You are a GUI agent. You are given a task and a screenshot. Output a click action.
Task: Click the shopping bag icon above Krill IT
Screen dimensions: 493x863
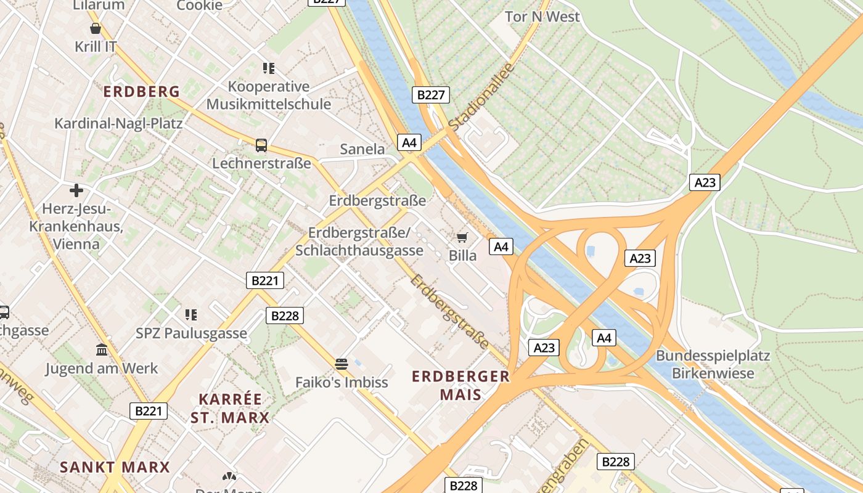point(96,28)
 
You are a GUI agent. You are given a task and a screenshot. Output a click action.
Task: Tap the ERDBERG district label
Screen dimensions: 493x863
point(142,92)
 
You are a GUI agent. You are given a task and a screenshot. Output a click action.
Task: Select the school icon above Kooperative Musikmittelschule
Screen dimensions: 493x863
point(268,68)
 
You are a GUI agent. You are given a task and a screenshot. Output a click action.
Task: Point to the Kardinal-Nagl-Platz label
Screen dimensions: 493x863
point(118,123)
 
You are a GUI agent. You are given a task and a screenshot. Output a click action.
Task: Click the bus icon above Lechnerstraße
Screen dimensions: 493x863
point(261,145)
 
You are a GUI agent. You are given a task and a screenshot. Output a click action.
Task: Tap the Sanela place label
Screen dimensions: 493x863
point(362,149)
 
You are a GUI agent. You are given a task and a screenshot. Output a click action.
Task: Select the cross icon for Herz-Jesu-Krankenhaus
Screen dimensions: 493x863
point(76,190)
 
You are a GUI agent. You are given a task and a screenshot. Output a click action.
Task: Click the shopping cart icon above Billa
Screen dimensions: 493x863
point(462,237)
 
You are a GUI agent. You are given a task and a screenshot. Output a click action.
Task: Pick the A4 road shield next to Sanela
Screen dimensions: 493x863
point(409,143)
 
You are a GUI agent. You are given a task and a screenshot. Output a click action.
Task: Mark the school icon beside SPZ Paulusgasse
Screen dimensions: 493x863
point(191,315)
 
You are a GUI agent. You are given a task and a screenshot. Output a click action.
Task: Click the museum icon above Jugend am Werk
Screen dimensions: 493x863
point(102,350)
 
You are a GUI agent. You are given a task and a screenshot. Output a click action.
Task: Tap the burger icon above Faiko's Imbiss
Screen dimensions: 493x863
point(342,364)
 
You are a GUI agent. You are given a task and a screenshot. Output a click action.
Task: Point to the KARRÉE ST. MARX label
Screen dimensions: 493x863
point(230,408)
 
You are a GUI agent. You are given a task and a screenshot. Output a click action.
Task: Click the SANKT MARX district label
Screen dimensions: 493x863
point(115,467)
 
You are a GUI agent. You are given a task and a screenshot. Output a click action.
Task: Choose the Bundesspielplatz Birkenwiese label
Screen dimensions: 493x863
point(713,364)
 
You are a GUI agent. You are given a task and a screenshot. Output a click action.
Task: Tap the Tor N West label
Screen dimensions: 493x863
point(542,17)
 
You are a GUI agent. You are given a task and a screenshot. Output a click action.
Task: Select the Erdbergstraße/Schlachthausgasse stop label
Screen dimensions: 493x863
point(359,242)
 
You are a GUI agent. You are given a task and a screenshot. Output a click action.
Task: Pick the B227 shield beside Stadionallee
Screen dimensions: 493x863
point(430,95)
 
